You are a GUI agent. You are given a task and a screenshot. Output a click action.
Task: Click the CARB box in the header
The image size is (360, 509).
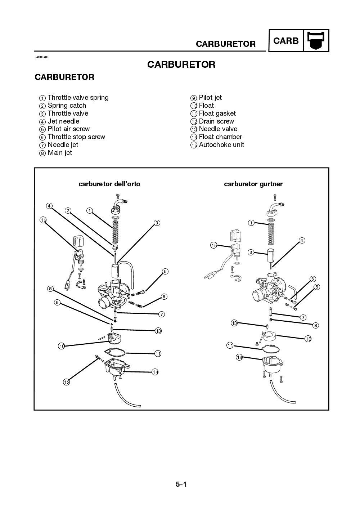pos(286,41)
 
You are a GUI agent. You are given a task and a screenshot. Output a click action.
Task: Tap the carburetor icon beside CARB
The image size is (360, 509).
pos(316,41)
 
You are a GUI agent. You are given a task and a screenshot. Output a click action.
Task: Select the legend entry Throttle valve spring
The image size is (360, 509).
pos(74,98)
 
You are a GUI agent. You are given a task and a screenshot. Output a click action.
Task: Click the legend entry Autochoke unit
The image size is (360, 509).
pos(217,145)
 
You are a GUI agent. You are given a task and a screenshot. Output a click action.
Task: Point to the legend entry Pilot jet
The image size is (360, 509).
pos(206,98)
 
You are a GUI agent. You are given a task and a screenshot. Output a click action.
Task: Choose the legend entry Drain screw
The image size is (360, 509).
pos(212,121)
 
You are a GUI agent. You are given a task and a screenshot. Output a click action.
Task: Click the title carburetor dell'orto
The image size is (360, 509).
pos(109,184)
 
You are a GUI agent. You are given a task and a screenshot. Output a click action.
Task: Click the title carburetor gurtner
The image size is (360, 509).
pos(253,184)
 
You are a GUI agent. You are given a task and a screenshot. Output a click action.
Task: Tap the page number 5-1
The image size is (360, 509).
pos(181,485)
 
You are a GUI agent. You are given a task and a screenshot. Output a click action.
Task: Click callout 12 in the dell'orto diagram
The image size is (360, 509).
pos(66,382)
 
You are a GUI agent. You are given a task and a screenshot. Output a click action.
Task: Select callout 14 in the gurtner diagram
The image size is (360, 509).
pos(239,357)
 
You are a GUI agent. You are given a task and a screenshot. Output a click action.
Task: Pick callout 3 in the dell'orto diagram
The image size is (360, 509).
pos(157,223)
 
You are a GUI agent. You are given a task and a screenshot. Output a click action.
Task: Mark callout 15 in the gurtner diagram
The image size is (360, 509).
pos(213,245)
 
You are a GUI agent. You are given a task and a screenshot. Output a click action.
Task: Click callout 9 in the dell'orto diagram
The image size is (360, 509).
pos(57,302)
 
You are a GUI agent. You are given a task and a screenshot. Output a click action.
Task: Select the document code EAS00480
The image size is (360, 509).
pos(41,57)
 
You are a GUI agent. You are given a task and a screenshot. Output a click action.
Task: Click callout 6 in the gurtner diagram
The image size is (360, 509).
pos(312,279)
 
